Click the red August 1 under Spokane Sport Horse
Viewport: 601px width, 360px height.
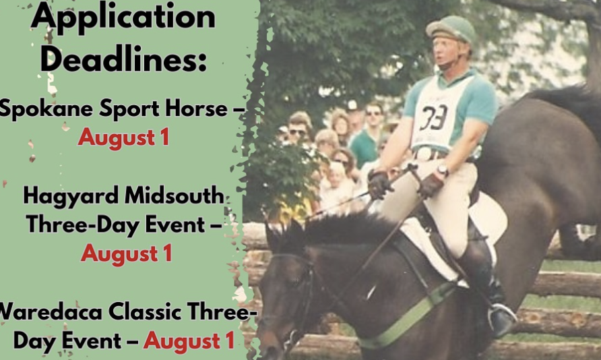tap(123, 137)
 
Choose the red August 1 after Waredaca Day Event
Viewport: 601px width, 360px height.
tap(189, 340)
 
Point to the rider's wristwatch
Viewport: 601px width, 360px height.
tap(442, 171)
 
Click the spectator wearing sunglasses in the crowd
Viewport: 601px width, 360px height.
tap(297, 131)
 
